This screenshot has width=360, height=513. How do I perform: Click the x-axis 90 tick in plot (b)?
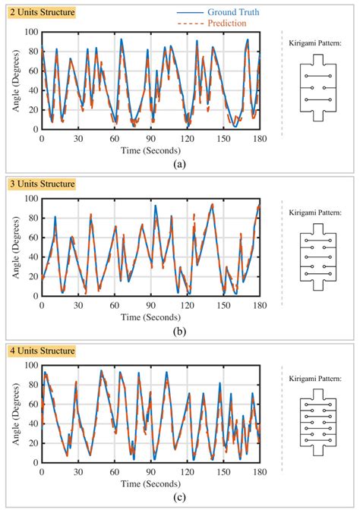pos(150,306)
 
